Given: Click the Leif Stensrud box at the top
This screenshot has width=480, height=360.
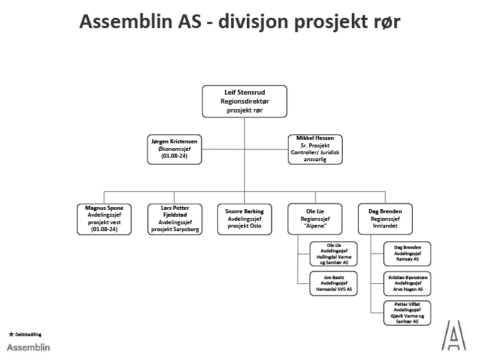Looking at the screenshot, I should pyautogui.click(x=244, y=101).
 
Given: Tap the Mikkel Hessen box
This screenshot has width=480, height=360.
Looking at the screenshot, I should pyautogui.click(x=315, y=148).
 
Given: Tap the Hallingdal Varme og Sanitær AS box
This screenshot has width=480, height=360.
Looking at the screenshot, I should pyautogui.click(x=333, y=254).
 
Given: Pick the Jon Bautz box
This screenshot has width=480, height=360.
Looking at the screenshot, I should pyautogui.click(x=333, y=283).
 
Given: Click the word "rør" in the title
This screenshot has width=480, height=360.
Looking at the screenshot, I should pyautogui.click(x=385, y=22).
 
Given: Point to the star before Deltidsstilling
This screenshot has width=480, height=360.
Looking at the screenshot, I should pyautogui.click(x=10, y=334).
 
